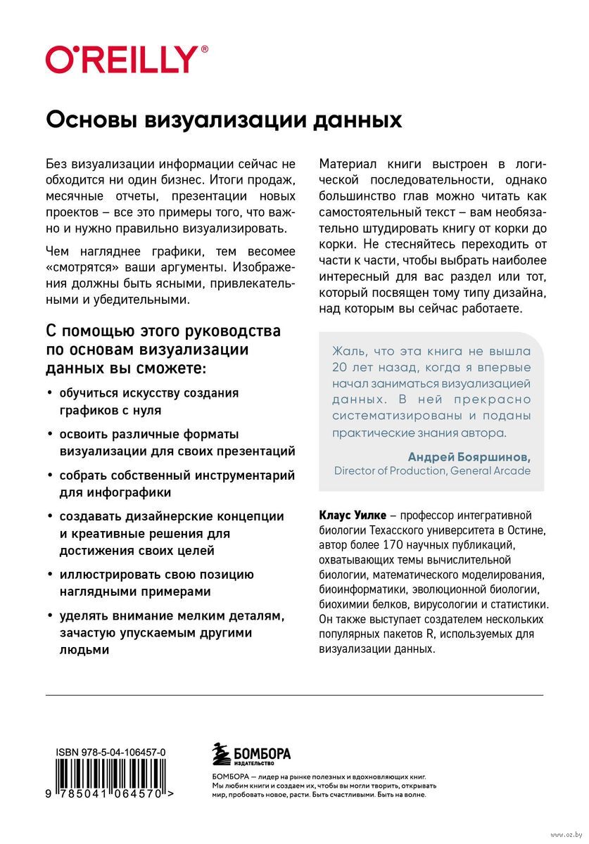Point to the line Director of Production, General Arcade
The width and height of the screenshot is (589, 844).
[x=432, y=471]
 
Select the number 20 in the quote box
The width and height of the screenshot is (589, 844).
[x=341, y=367]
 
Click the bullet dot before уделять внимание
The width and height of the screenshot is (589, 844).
[x=49, y=617]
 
